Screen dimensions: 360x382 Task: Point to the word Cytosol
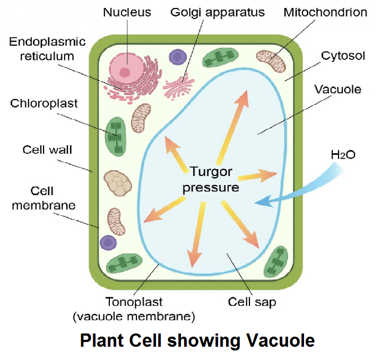point(342,55)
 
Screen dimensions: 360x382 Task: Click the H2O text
point(343,155)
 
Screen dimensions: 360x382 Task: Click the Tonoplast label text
point(134,303)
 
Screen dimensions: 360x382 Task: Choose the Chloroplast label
point(44,103)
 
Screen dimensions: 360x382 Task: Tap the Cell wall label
point(47,150)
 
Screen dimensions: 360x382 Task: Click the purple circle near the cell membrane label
point(108,242)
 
